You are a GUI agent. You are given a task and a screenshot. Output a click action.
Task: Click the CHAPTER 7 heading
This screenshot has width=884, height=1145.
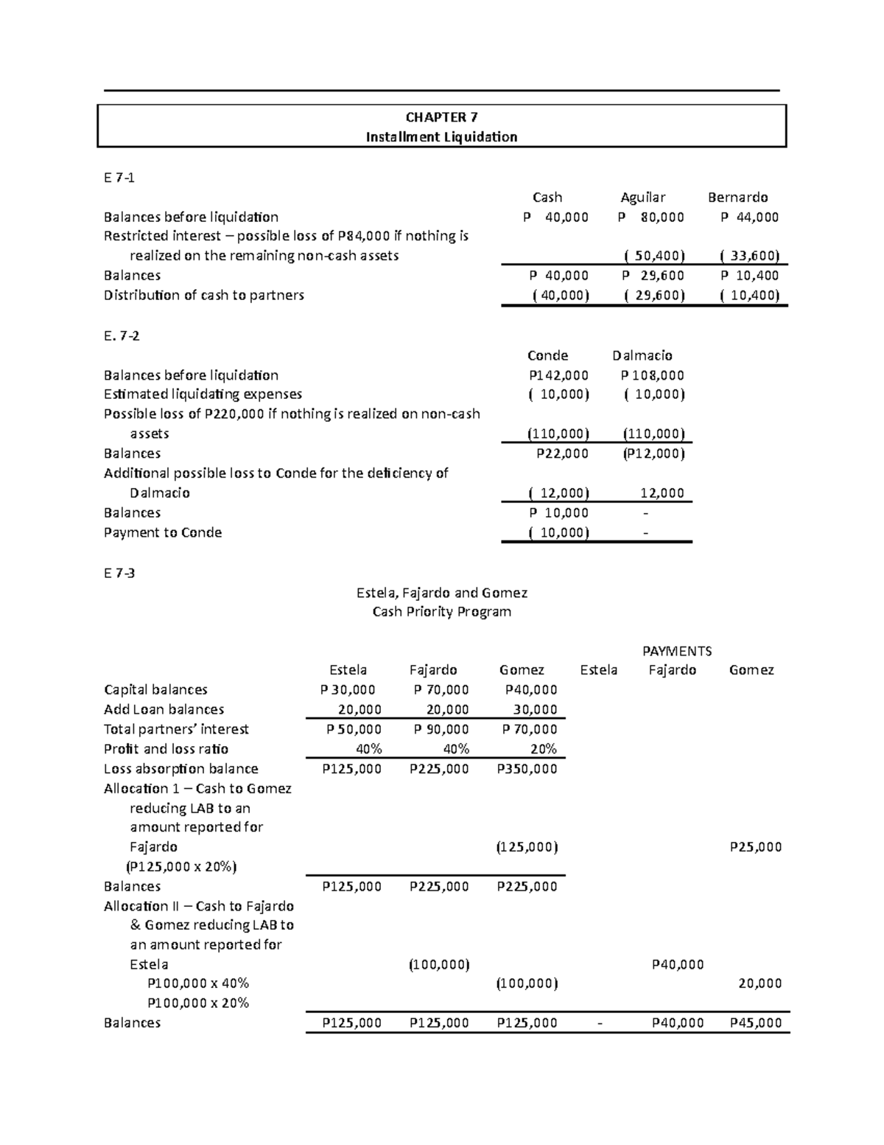point(441,117)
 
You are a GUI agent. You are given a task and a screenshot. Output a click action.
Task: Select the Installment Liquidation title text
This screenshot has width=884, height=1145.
point(441,137)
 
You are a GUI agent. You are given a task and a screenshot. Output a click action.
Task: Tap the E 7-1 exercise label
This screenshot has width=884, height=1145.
point(119,178)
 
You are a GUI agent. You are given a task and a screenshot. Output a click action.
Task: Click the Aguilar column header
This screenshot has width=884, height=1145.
point(642,198)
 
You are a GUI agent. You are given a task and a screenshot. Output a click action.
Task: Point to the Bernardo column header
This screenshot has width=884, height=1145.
point(737,198)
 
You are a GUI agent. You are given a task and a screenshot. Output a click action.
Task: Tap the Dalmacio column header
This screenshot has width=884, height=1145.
point(642,355)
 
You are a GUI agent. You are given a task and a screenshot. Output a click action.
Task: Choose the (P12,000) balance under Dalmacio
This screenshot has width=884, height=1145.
point(653,453)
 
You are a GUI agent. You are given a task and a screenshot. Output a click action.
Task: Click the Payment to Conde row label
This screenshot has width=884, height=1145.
point(163,532)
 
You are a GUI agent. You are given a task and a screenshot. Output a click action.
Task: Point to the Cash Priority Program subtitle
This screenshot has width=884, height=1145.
point(441,612)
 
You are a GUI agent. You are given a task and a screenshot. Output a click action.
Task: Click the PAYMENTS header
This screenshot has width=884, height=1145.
point(677,651)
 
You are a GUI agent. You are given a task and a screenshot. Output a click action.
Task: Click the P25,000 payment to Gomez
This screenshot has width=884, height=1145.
point(755,847)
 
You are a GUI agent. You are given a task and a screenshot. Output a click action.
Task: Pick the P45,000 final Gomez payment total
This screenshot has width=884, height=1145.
point(755,1023)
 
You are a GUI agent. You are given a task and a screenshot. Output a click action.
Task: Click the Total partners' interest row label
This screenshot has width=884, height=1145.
point(176,729)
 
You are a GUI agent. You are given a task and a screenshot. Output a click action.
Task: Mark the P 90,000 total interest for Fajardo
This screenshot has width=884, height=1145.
point(441,729)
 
